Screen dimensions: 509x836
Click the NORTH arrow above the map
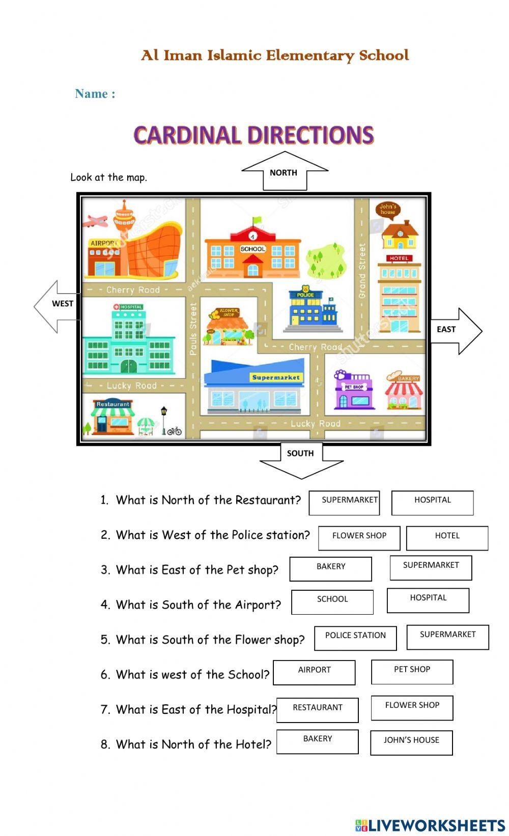click(284, 171)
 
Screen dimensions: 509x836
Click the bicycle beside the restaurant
click(175, 430)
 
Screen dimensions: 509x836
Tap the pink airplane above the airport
click(97, 222)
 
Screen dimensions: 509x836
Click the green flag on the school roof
click(258, 220)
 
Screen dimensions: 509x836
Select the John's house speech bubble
click(388, 209)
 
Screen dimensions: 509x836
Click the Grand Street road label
click(362, 270)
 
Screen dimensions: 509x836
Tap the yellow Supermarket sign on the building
click(276, 378)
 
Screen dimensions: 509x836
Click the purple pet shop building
click(353, 391)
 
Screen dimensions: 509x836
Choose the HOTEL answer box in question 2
click(447, 538)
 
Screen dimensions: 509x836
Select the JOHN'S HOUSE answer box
click(411, 742)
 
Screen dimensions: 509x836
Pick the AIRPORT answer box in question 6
click(314, 672)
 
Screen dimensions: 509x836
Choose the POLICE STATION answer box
click(355, 638)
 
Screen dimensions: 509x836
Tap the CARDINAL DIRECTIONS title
click(253, 135)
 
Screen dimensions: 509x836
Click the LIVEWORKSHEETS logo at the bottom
click(430, 825)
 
